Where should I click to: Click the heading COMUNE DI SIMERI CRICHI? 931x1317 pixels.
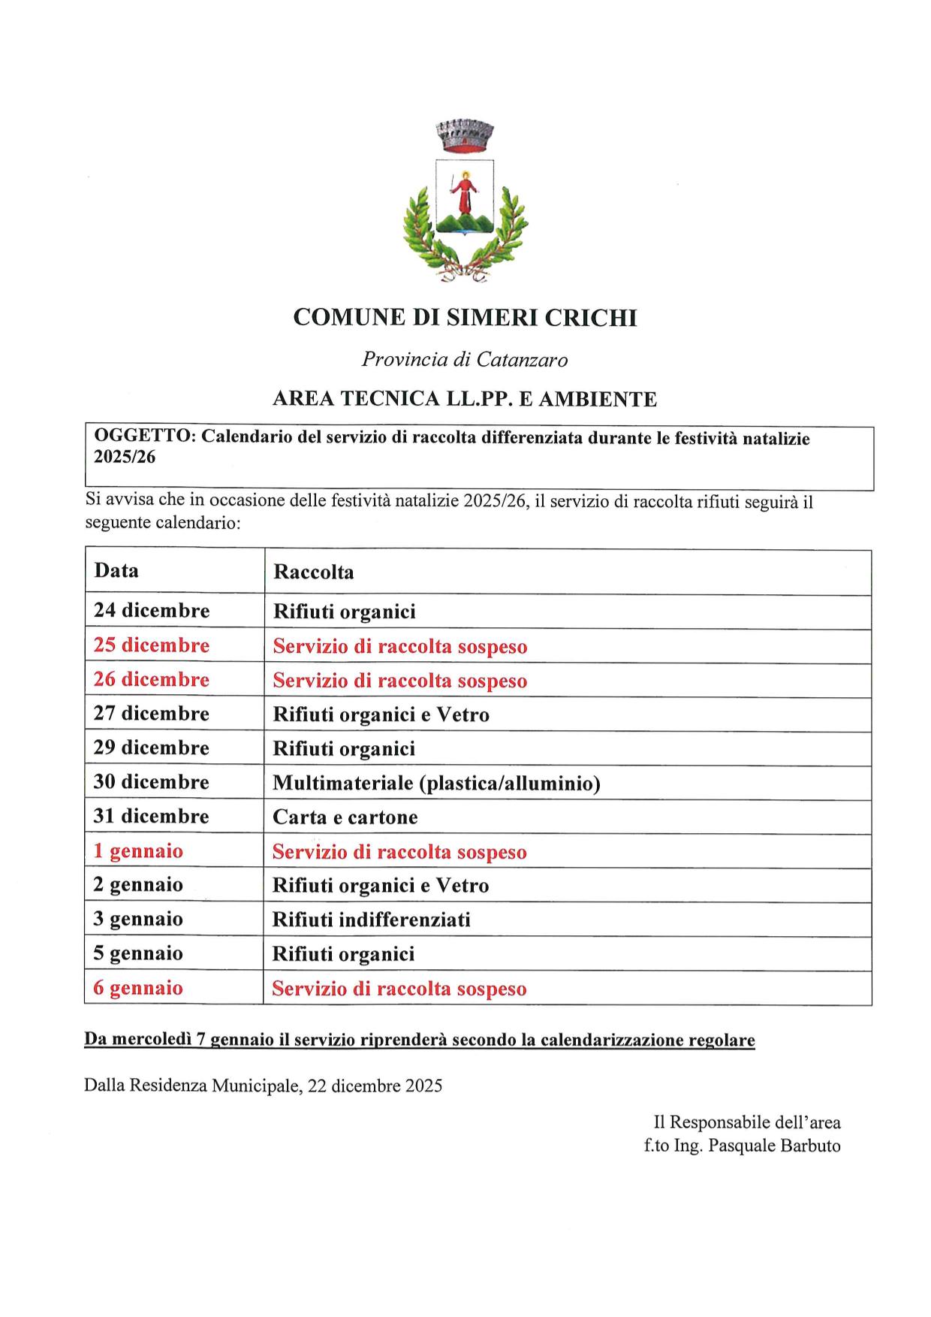(465, 318)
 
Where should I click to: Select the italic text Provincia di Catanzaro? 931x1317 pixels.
(465, 360)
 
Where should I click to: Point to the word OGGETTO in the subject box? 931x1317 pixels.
(142, 437)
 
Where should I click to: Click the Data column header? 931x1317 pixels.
(116, 570)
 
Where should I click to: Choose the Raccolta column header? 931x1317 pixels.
(313, 572)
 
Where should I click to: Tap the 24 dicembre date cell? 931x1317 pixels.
(152, 610)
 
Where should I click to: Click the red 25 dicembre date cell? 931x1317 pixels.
(152, 645)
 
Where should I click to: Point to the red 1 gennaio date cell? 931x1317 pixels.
(138, 851)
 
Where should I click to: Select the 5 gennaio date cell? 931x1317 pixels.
(138, 953)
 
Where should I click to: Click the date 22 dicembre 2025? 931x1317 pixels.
(375, 1086)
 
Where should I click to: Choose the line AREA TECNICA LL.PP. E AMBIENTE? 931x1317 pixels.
(465, 399)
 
